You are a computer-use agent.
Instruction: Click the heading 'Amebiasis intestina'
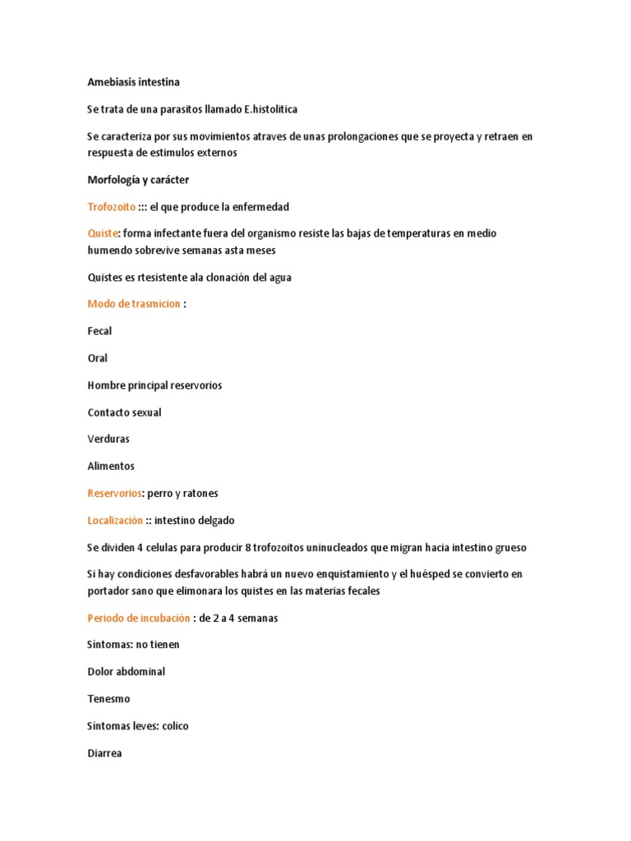coord(133,82)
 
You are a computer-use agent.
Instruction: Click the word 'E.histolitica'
coord(265,109)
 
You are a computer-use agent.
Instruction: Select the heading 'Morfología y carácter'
coord(138,180)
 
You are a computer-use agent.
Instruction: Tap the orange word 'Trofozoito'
coord(111,207)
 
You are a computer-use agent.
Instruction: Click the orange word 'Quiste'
coord(104,234)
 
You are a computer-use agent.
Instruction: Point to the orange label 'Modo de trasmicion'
coord(134,304)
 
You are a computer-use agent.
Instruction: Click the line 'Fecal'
coord(99,331)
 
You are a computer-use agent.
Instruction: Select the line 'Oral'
coord(97,358)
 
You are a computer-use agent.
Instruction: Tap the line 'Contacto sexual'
coord(124,412)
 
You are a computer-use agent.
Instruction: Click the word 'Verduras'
coord(108,439)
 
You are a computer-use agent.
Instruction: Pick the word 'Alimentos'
coord(111,466)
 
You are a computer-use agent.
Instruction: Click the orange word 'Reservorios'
coord(115,494)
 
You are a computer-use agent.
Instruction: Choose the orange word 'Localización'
coord(115,521)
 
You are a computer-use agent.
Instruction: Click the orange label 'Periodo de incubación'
coord(138,618)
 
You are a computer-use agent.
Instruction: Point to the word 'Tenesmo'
coord(108,699)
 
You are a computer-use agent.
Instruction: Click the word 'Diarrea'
coord(104,753)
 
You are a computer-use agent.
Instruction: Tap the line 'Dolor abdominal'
coord(126,672)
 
